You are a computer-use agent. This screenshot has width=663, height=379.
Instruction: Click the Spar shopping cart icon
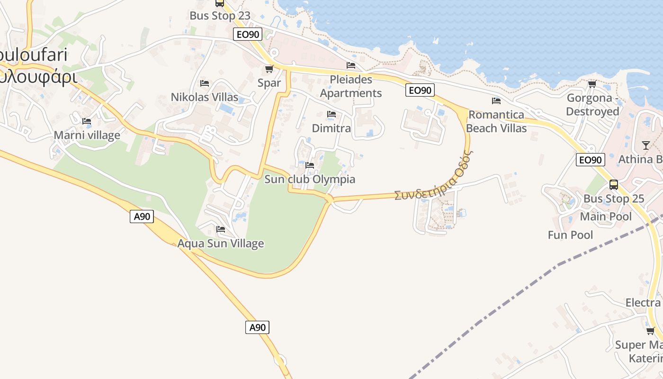pyautogui.click(x=269, y=69)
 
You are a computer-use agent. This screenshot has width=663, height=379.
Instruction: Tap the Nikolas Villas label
pyautogui.click(x=205, y=97)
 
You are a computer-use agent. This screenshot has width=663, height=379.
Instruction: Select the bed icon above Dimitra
pyautogui.click(x=331, y=114)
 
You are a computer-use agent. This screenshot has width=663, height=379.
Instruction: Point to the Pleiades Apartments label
pyautogui.click(x=351, y=86)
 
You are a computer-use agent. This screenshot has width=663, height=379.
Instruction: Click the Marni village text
pyautogui.click(x=87, y=135)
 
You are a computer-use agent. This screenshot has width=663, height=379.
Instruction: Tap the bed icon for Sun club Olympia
pyautogui.click(x=310, y=165)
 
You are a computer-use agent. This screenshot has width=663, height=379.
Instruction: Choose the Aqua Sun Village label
pyautogui.click(x=221, y=244)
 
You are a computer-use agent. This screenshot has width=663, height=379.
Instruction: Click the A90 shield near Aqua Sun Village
pyautogui.click(x=142, y=217)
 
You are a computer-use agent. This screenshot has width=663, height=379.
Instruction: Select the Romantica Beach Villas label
pyautogui.click(x=496, y=121)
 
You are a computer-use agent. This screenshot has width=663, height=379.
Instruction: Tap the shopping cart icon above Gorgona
pyautogui.click(x=592, y=84)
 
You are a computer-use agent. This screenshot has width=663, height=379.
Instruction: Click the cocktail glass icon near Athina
pyautogui.click(x=646, y=145)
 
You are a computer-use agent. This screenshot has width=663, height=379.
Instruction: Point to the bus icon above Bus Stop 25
pyautogui.click(x=614, y=185)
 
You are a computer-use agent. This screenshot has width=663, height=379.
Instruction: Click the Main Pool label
pyautogui.click(x=606, y=217)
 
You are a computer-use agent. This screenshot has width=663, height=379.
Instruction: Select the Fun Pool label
pyautogui.click(x=570, y=235)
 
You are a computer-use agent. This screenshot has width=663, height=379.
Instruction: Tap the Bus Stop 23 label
pyautogui.click(x=220, y=16)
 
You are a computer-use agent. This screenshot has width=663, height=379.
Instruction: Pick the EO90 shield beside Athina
pyautogui.click(x=591, y=160)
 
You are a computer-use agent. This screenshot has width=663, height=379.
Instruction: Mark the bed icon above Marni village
pyautogui.click(x=87, y=121)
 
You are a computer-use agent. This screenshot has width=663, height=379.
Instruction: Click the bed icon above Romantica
pyautogui.click(x=496, y=100)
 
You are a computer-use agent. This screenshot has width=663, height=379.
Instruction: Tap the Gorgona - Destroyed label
pyautogui.click(x=592, y=105)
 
